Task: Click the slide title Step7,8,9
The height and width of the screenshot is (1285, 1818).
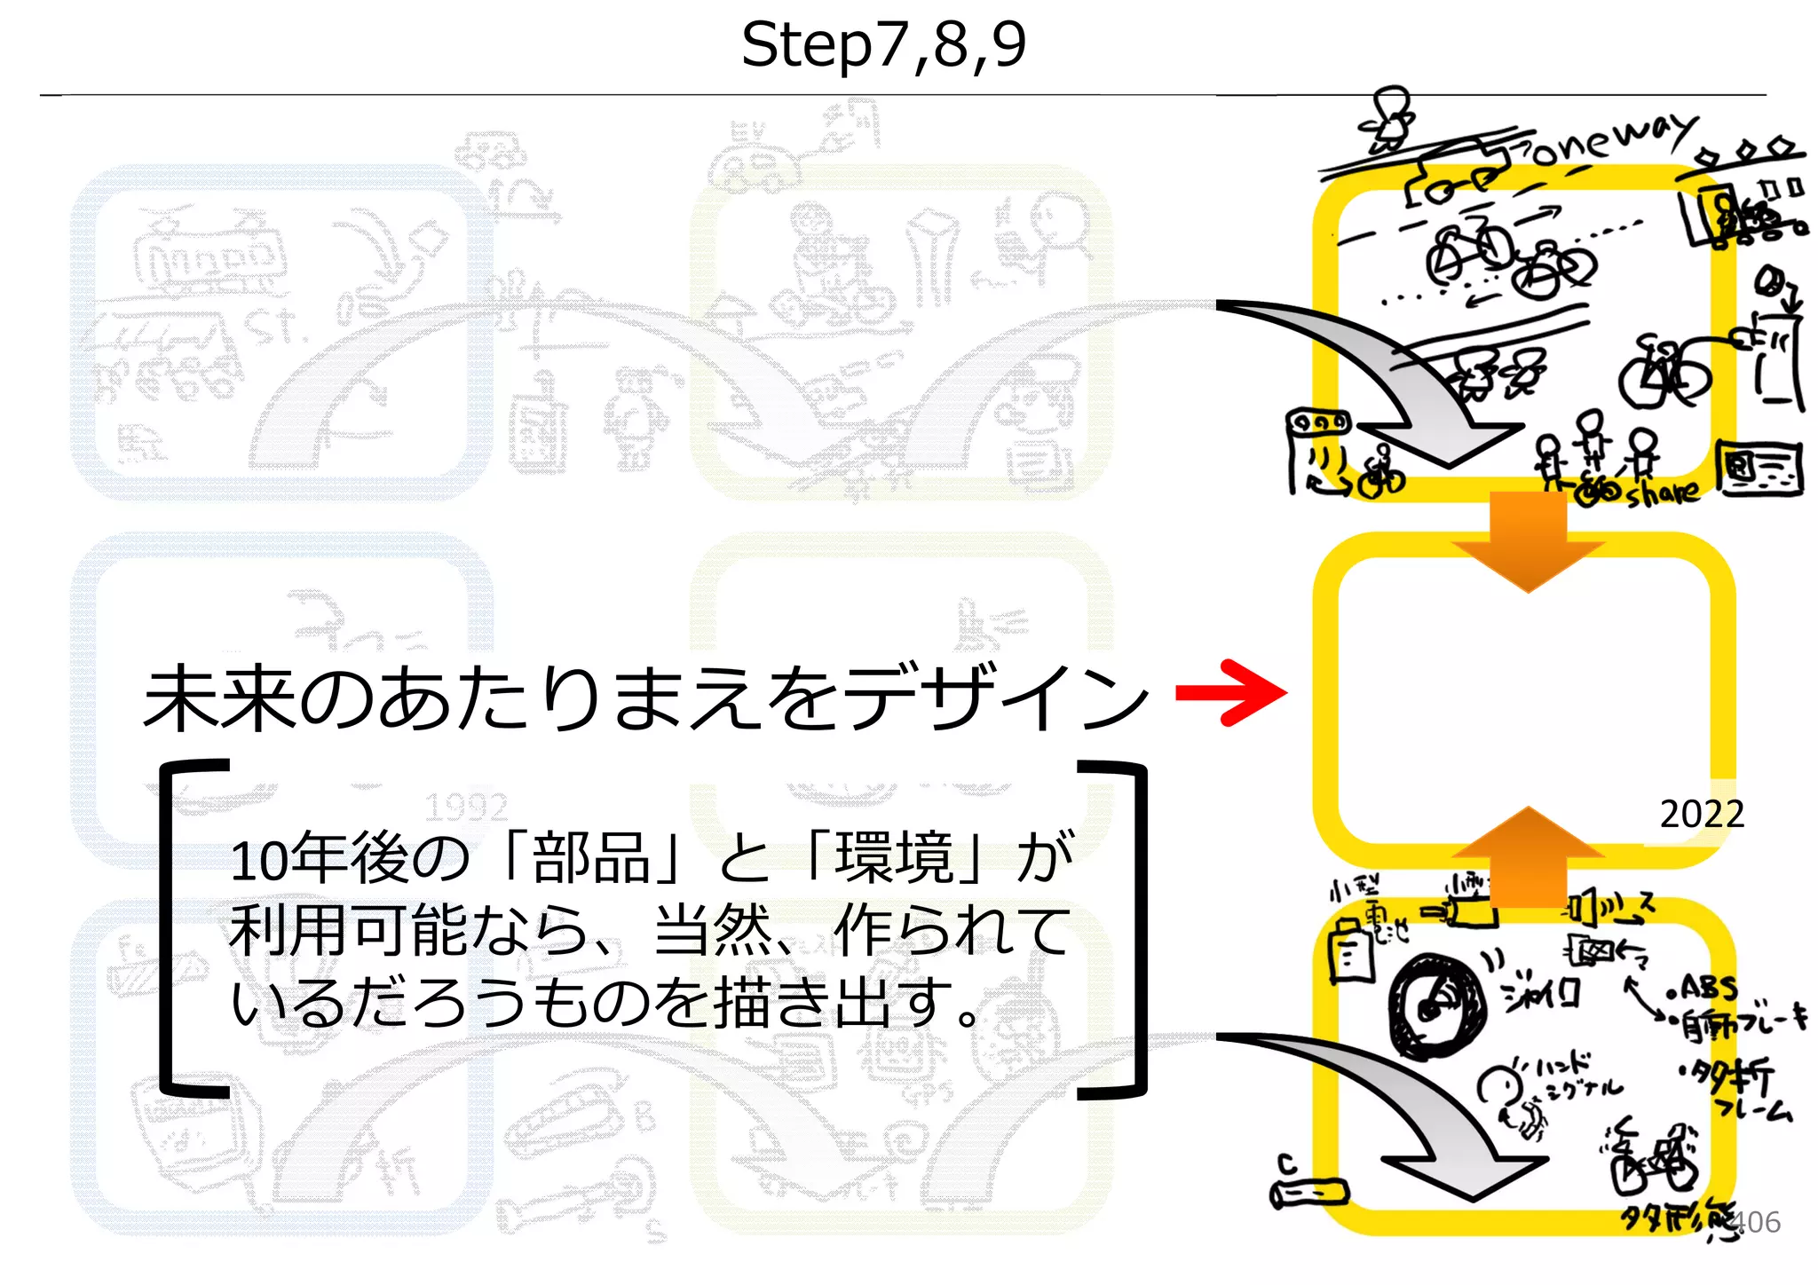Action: pyautogui.click(x=883, y=44)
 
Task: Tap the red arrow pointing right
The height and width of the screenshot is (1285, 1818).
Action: pyautogui.click(x=1231, y=692)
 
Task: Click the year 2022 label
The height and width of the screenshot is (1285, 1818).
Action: pyautogui.click(x=1702, y=814)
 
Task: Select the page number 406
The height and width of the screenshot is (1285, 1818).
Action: pyautogui.click(x=1755, y=1222)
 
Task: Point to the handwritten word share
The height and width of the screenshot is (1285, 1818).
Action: pyautogui.click(x=1663, y=492)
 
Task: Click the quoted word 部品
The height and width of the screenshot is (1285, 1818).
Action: pyautogui.click(x=591, y=858)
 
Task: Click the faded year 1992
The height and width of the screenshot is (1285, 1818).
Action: pyautogui.click(x=465, y=808)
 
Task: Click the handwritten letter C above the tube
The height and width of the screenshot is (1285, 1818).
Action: pyautogui.click(x=1286, y=1163)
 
